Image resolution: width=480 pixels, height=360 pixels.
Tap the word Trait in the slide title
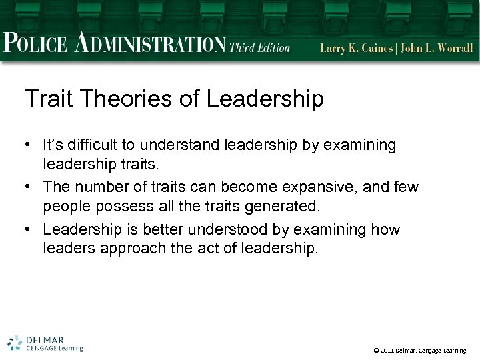49,99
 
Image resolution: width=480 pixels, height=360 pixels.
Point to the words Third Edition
260,47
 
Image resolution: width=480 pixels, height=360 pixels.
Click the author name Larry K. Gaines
357,47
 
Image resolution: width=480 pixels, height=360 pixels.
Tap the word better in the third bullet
158,230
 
